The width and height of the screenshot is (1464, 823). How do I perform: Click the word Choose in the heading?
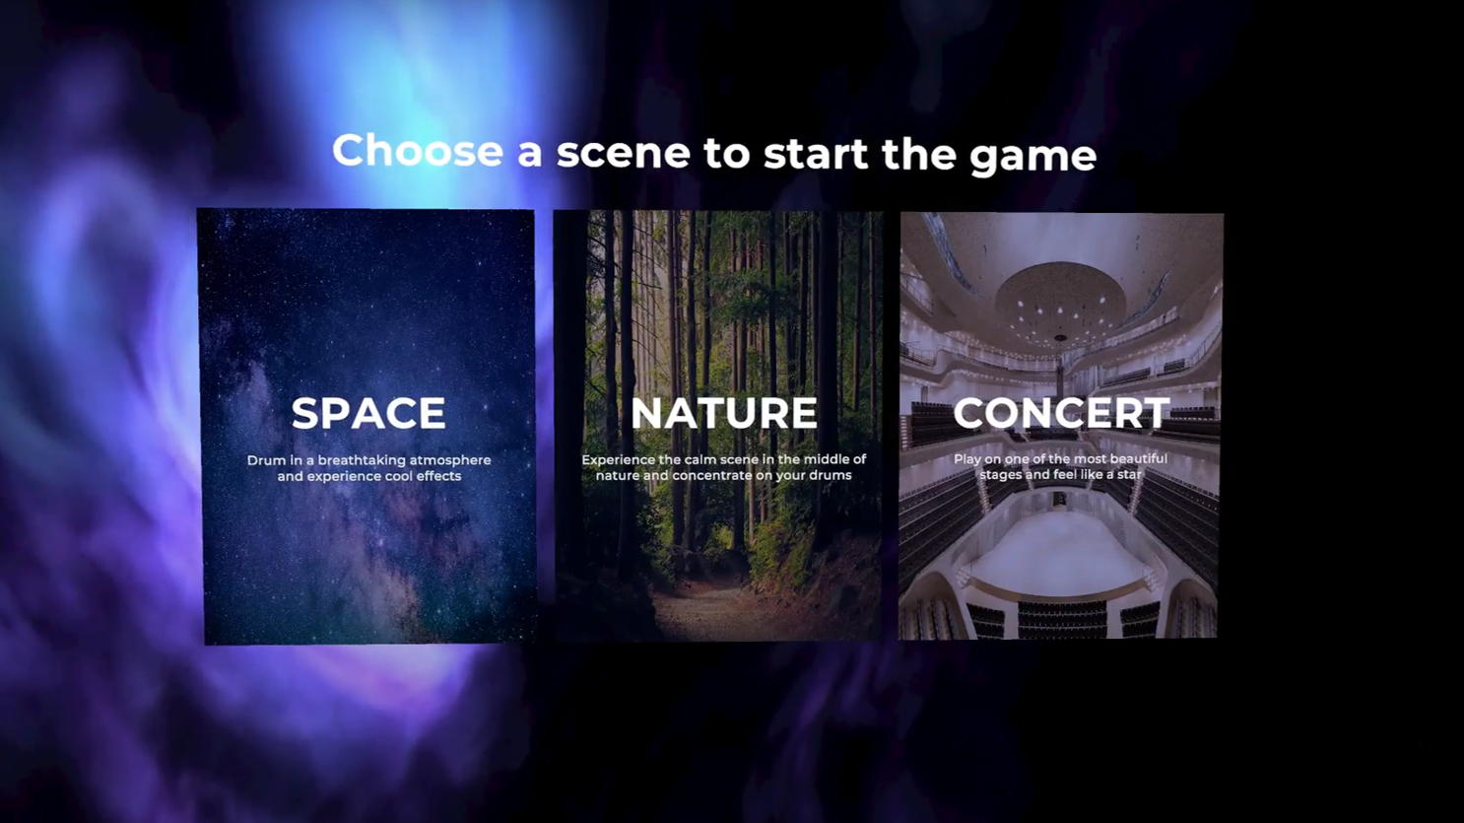[418, 151]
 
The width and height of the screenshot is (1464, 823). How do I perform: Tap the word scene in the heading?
[623, 153]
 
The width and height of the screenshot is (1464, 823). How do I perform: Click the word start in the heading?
[816, 154]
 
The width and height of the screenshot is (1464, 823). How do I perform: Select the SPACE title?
[368, 413]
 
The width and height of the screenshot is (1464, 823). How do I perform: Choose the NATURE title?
[724, 413]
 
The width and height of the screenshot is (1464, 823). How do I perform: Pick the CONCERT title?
[1061, 413]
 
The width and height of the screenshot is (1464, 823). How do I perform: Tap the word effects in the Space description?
[436, 476]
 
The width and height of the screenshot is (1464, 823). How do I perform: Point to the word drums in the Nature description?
[830, 475]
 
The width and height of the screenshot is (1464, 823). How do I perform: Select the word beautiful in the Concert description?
[1134, 458]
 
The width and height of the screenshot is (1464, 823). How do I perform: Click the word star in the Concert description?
[1129, 474]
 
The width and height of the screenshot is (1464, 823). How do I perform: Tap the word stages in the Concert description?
[1001, 474]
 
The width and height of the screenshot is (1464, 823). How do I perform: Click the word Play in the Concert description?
[967, 458]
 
